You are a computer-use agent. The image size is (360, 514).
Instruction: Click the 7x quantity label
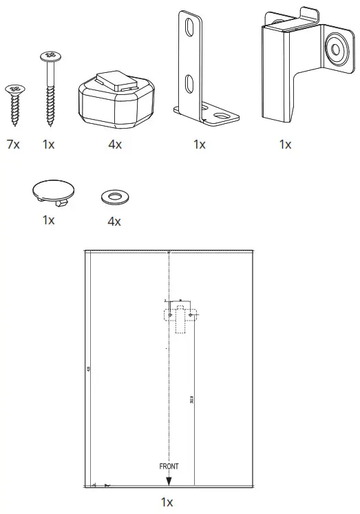coord(14,145)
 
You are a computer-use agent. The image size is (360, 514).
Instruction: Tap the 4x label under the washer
coord(114,222)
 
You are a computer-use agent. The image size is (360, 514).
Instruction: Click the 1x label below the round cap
coord(48,220)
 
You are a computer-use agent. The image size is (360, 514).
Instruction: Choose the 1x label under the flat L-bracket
coord(200,144)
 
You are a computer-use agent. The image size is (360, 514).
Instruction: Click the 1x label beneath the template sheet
coord(167,502)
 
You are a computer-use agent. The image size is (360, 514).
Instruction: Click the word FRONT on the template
coord(169,466)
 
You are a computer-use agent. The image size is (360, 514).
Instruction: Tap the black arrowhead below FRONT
coord(169,482)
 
